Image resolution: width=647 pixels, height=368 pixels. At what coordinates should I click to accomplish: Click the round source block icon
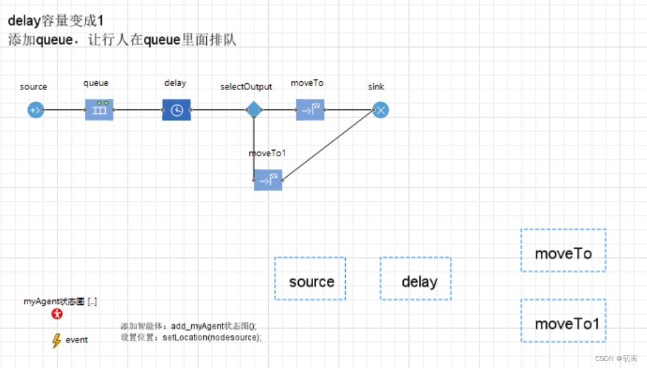pos(36,110)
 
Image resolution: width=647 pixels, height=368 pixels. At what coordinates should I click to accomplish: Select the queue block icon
pos(99,110)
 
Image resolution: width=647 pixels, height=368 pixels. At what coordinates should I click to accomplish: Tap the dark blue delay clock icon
pos(176,110)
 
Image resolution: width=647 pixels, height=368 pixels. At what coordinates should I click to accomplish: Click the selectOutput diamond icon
pos(253,110)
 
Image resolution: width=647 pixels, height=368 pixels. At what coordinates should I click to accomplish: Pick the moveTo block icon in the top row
pos(310,110)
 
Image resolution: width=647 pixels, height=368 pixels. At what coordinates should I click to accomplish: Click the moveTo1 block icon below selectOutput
pos(268,180)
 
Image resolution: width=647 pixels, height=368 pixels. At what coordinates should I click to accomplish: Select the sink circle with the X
pos(380,110)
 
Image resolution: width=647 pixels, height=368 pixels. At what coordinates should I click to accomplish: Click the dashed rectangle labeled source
pos(310,279)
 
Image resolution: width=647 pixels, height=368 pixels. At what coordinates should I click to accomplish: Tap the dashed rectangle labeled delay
pos(416,279)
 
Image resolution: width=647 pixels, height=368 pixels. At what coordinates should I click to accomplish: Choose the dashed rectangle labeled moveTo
pos(563,251)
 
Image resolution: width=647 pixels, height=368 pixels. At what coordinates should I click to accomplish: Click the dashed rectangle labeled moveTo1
pos(563,321)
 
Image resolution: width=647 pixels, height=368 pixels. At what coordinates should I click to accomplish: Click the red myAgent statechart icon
pos(57,314)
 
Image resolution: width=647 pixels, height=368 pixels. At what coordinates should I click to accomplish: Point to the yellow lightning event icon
pos(56,341)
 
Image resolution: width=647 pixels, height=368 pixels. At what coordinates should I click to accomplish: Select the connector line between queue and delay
pos(138,110)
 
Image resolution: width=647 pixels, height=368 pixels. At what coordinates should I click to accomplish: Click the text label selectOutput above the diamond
pos(246,87)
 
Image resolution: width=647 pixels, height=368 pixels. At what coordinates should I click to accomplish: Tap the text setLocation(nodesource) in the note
pos(212,337)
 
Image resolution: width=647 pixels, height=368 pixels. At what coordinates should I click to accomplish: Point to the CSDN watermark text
pos(616,359)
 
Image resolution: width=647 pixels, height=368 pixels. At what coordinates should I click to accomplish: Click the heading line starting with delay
pos(56,21)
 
